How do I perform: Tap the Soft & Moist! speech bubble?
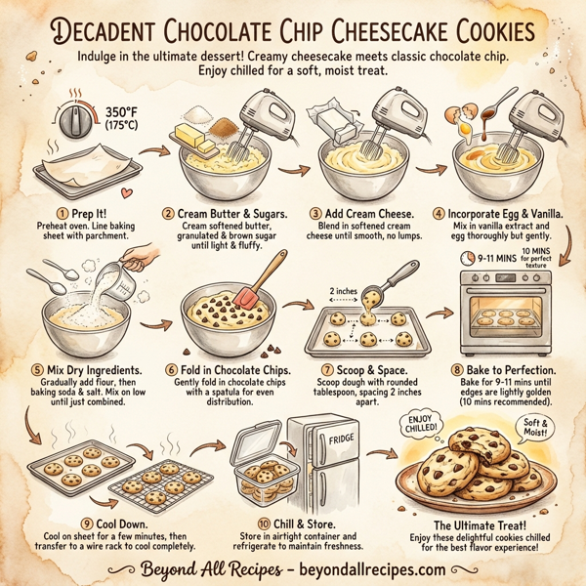pyautogui.click(x=524, y=426)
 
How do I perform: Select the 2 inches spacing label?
pyautogui.click(x=342, y=290)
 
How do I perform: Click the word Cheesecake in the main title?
pyautogui.click(x=382, y=29)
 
